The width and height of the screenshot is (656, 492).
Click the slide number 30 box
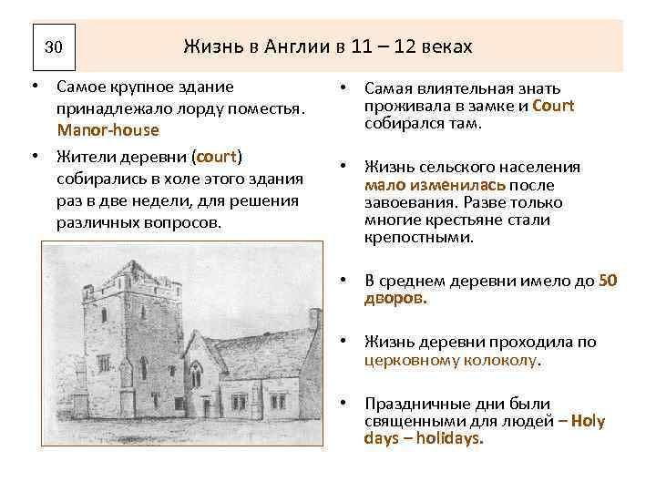coord(53,46)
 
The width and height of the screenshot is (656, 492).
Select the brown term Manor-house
coord(108,130)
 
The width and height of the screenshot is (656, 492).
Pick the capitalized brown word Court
coord(553,106)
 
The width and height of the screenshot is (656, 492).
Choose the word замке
coord(492,106)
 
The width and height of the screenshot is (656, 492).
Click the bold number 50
coord(608,281)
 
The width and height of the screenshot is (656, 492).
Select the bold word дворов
coord(394,298)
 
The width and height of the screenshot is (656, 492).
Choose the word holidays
coord(446,437)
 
